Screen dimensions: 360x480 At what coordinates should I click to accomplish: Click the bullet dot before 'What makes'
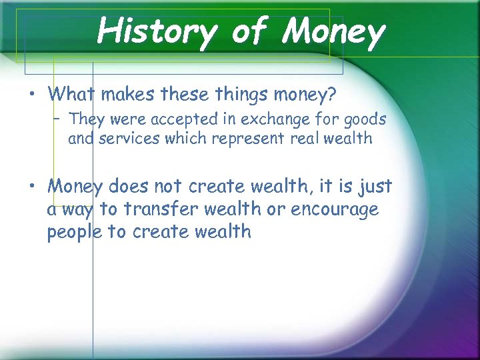click(32, 95)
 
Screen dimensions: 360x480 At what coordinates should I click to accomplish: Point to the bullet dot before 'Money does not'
click(32, 187)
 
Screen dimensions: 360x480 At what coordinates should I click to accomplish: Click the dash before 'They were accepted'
click(58, 120)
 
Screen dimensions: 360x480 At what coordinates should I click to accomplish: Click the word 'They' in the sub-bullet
click(83, 120)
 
